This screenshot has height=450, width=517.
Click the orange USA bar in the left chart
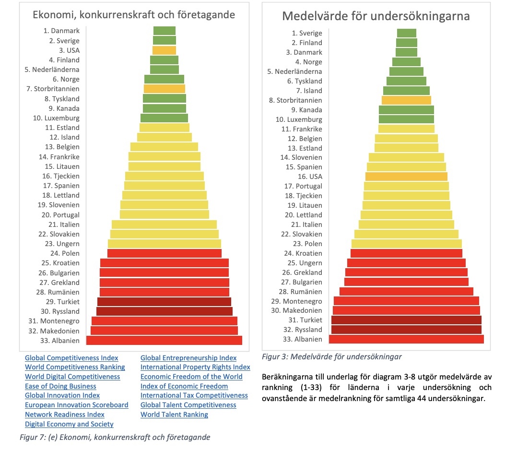point(164,50)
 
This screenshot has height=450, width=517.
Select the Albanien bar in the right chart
point(406,339)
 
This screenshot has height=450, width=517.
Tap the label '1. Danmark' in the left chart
point(61,31)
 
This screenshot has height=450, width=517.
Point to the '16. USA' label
point(310,177)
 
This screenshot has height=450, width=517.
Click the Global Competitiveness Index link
point(71,358)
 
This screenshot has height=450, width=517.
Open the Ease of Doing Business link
point(60,386)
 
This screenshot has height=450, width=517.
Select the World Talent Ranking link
point(174,414)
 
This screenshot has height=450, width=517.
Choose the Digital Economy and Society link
point(69,424)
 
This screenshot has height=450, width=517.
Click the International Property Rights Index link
point(195,367)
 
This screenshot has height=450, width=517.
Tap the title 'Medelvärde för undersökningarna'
point(376,16)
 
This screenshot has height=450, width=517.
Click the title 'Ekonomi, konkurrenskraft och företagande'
point(134,14)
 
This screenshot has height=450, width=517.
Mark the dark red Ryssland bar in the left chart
point(164,311)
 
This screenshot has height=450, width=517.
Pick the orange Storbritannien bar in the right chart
point(406,100)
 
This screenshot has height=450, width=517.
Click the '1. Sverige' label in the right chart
point(307,33)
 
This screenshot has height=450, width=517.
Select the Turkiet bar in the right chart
point(406,320)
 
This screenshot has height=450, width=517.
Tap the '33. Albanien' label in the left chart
point(60,341)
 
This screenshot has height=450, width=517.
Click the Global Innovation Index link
point(62,396)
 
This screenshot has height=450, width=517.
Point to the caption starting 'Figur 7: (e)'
point(114,437)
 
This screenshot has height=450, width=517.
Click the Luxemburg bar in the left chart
point(164,118)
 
